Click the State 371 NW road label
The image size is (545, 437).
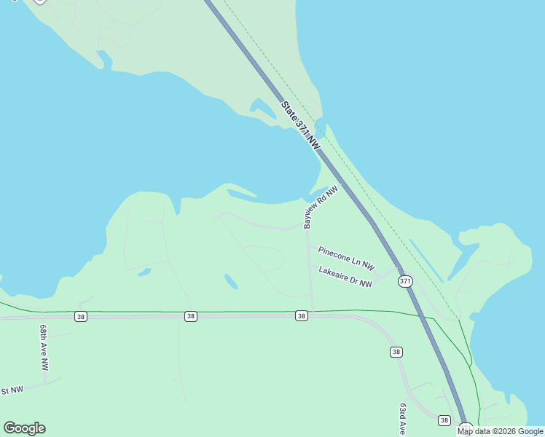[x=301, y=126]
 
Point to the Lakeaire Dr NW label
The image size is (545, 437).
[x=345, y=280]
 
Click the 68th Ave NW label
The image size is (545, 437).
[x=44, y=348]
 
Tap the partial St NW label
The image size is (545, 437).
[x=12, y=390]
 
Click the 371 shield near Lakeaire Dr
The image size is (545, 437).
[x=405, y=281]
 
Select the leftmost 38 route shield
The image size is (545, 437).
[x=80, y=316]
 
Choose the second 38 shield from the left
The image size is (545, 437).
[x=190, y=316]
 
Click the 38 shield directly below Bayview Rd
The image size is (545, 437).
[x=302, y=316]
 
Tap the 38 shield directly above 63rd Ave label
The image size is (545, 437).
[x=396, y=352]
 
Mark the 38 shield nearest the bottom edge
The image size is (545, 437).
[x=444, y=420]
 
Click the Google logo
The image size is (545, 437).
[x=24, y=428]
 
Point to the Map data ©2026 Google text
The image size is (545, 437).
[x=500, y=431]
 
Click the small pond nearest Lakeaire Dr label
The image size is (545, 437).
[x=231, y=281]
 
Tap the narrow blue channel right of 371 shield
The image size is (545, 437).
[x=426, y=259]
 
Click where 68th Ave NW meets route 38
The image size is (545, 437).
[x=45, y=318]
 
